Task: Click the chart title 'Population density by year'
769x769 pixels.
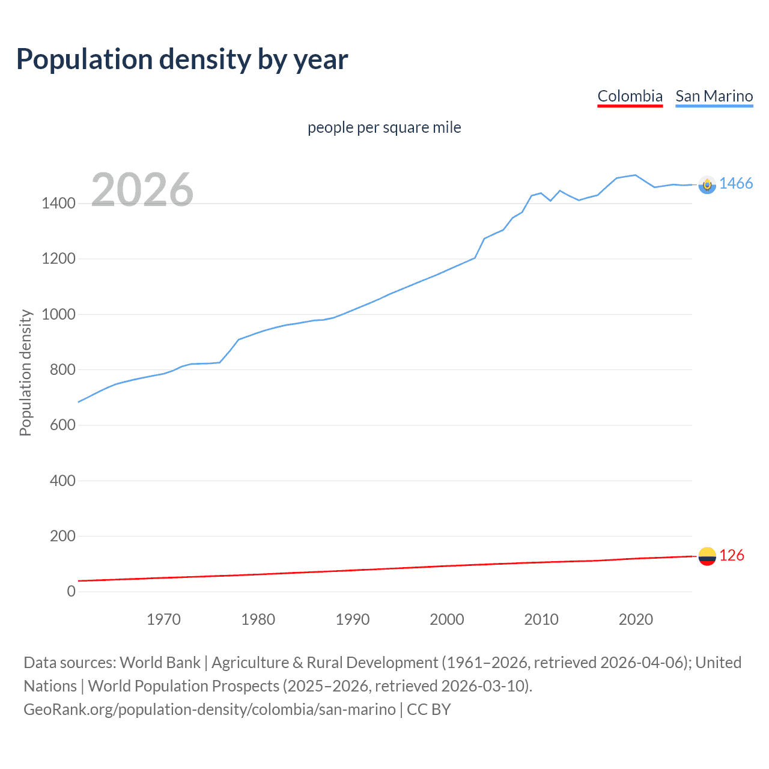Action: coord(182,59)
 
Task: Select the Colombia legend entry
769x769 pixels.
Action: coord(630,96)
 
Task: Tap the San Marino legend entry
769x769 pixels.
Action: coord(714,96)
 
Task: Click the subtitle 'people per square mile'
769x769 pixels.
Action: coord(384,127)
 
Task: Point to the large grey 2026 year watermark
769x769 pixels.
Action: coord(142,190)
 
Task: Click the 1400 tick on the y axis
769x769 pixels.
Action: coord(58,204)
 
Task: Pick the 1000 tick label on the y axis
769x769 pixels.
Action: coord(58,314)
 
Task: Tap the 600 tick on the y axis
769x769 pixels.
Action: coord(62,425)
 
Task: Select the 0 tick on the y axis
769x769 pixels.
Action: coord(71,591)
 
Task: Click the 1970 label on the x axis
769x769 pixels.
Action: coord(163,619)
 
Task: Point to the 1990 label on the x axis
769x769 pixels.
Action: coord(353,619)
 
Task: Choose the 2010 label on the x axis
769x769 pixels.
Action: coord(541,619)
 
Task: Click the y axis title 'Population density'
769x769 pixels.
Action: coord(25,372)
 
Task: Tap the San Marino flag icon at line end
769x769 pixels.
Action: coord(707,185)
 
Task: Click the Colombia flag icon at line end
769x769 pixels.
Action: coord(707,556)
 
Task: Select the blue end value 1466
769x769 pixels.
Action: coord(736,184)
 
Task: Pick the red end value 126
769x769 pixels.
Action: coord(732,556)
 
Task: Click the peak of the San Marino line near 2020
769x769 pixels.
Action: coord(635,175)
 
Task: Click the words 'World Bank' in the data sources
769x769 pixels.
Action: coord(160,663)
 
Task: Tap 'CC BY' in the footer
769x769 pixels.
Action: coord(428,710)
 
